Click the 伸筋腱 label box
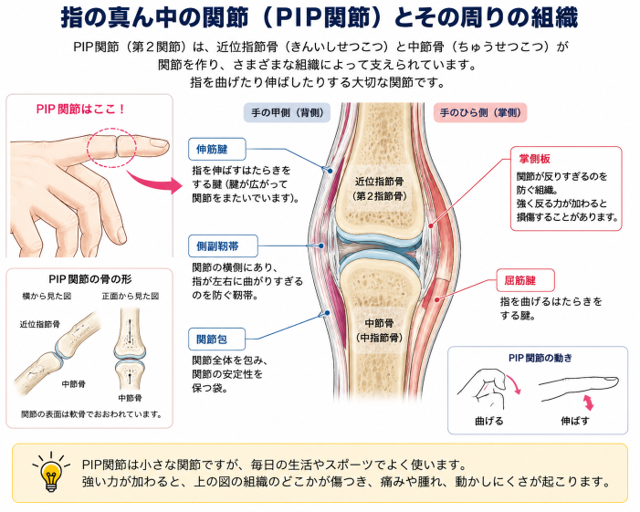tap(216, 150)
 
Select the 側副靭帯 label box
tap(223, 246)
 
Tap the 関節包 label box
tap(216, 339)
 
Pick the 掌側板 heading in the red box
tap(534, 159)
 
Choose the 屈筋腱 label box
tap(525, 280)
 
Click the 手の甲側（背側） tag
tap(287, 112)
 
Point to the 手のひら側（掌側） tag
tap(480, 112)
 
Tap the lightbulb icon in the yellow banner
tap(51, 471)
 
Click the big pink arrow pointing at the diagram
tap(155, 183)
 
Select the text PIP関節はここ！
tap(80, 110)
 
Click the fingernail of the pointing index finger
tap(158, 143)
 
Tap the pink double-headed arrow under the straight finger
tap(588, 402)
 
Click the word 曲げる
tap(489, 421)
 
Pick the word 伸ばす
tap(575, 421)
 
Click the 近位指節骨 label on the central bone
tap(379, 182)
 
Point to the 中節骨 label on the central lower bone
tap(379, 323)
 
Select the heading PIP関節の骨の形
tap(90, 279)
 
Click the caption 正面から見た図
tap(131, 297)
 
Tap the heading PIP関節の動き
tap(540, 358)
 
